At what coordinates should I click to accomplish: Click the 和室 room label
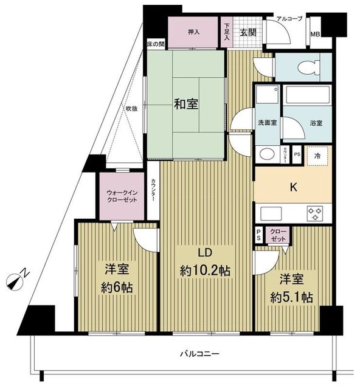(x=185, y=104)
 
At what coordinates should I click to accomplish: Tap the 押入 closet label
(x=193, y=33)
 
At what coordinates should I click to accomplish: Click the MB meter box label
(x=316, y=35)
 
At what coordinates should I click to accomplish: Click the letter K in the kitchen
(x=292, y=188)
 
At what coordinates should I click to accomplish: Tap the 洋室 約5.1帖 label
(x=291, y=289)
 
